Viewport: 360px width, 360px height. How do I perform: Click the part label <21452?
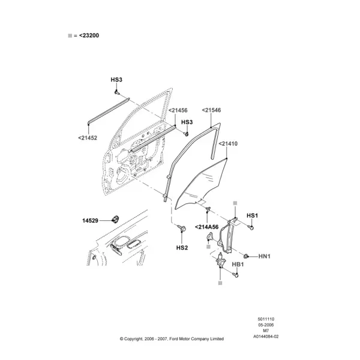pos(88,138)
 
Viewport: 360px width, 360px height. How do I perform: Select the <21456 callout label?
pos(178,110)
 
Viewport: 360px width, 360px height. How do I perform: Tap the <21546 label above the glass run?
pos(211,110)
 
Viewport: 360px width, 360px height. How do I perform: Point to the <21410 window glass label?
pos(228,144)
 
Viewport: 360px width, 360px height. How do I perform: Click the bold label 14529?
pos(90,221)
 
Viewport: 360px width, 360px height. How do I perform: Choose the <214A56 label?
pos(206,227)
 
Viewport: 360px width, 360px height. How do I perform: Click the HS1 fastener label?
pos(253,215)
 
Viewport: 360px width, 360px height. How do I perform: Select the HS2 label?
pos(182,248)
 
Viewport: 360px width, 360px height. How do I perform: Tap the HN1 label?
pos(265,256)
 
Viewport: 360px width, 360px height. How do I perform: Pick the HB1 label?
pos(238,265)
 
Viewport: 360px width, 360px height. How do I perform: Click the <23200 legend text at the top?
pos(89,35)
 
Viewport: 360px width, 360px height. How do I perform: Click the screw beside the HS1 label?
pos(251,227)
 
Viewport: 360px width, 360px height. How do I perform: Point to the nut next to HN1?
pos(247,256)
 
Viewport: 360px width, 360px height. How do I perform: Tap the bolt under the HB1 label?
pos(235,274)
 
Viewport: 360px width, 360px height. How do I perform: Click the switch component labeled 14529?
pos(115,219)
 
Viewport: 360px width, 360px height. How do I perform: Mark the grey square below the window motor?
pos(220,283)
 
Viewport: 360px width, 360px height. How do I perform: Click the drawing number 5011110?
pos(266,319)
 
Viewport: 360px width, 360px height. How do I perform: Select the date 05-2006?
pos(266,325)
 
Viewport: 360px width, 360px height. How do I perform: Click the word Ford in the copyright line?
pos(174,339)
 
